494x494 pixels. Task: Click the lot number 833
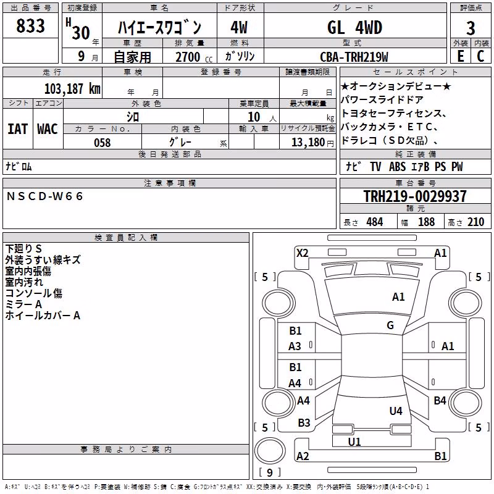pyautogui.click(x=30, y=25)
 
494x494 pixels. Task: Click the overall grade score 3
pyautogui.click(x=471, y=28)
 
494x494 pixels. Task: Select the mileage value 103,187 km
pyautogui.click(x=72, y=88)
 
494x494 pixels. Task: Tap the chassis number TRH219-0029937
pyautogui.click(x=415, y=196)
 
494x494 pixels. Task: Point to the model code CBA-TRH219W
pyautogui.click(x=354, y=57)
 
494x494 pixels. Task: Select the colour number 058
pyautogui.click(x=102, y=143)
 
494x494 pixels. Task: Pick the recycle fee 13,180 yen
pyautogui.click(x=312, y=143)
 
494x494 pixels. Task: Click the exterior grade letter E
pyautogui.click(x=461, y=56)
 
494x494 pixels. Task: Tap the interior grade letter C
pyautogui.click(x=480, y=56)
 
